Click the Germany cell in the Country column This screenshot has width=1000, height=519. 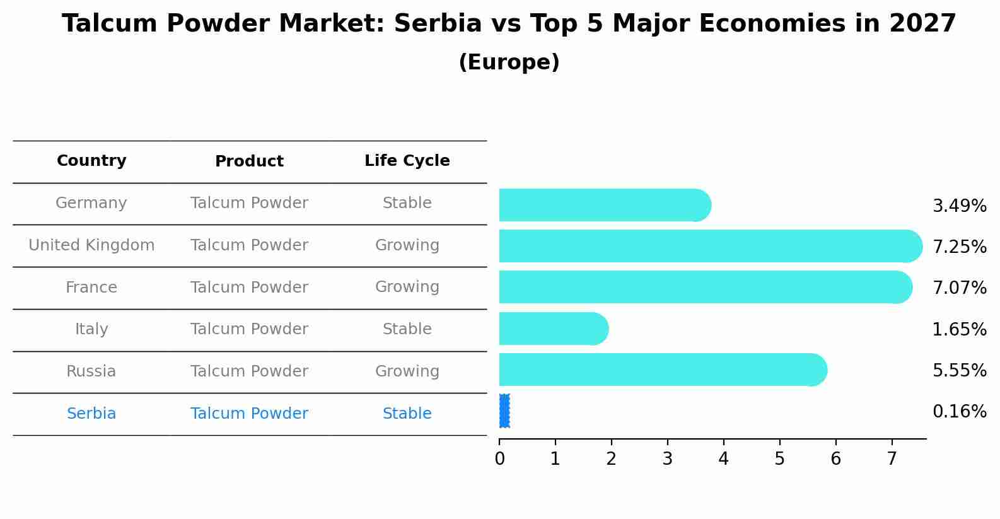91,203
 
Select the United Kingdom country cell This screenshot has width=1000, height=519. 91,245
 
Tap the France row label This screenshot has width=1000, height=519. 91,288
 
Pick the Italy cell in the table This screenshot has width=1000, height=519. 91,329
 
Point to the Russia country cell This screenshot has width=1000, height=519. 91,371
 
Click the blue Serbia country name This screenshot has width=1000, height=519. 91,414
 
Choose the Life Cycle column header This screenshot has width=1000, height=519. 407,161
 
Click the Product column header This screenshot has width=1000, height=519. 249,161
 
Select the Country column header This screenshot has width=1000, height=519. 91,161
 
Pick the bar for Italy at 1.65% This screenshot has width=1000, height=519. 552,329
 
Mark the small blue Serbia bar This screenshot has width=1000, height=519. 504,411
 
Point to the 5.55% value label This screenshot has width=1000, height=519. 959,371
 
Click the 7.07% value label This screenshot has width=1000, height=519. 959,288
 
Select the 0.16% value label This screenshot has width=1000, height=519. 959,412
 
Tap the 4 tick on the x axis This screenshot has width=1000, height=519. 723,459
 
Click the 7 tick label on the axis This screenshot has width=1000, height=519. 892,459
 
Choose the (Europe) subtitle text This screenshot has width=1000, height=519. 509,62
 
